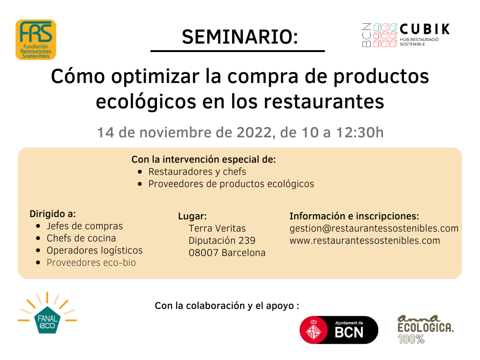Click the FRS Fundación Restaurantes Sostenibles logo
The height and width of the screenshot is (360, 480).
(x=36, y=39)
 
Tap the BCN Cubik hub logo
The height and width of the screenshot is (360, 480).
(x=406, y=35)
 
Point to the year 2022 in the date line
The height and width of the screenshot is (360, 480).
(x=254, y=133)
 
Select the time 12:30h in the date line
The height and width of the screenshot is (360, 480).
(x=360, y=133)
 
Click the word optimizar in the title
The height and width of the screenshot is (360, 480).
(x=155, y=76)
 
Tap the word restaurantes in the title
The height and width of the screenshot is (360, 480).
(x=324, y=102)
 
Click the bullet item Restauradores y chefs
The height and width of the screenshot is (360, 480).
(x=197, y=172)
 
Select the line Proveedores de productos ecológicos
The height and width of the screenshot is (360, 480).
(x=231, y=184)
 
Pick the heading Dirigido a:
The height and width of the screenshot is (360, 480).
(x=52, y=214)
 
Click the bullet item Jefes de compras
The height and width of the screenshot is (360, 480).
(x=84, y=226)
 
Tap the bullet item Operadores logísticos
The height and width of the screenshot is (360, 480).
(x=95, y=251)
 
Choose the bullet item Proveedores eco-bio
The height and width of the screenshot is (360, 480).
(x=91, y=262)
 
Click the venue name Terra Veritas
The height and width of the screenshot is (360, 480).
(x=217, y=228)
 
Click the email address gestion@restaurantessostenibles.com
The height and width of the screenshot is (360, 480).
(x=374, y=229)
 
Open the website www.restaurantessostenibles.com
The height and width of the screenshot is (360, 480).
(x=365, y=240)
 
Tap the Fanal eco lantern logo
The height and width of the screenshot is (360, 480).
(x=47, y=313)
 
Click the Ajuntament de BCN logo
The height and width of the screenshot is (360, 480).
(x=339, y=330)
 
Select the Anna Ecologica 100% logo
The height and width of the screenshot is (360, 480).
(x=426, y=329)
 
